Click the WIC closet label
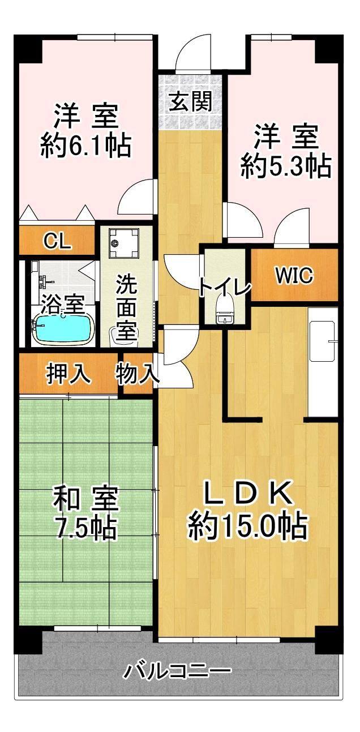pos(294,276)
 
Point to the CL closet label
pos(58,242)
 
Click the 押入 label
pos(68,373)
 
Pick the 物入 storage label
pos(137,373)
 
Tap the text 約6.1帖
pos(86,145)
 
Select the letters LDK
pos(247,493)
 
